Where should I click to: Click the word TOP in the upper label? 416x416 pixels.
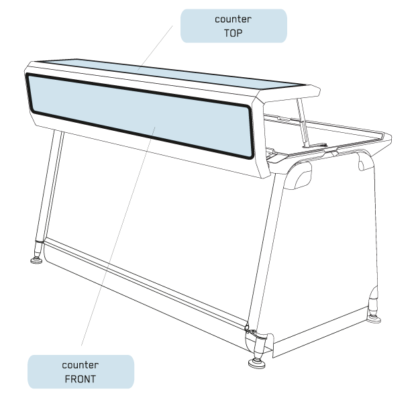233,33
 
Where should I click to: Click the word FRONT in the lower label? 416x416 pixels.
81,379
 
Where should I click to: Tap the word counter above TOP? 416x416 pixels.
233,19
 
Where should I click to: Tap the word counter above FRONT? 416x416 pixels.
81,365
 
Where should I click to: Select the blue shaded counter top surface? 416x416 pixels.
170,73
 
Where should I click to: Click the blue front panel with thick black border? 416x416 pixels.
140,116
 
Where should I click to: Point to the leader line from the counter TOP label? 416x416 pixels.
155,48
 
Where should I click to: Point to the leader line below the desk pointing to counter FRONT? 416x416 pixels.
118,236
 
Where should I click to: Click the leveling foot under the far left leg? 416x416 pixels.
36,260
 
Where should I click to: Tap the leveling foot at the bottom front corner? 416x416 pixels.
256,363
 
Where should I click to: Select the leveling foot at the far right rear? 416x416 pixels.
374,319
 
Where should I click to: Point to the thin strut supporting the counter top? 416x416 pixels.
303,122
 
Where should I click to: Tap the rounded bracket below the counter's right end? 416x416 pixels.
298,175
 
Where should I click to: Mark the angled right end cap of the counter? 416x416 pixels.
260,138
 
